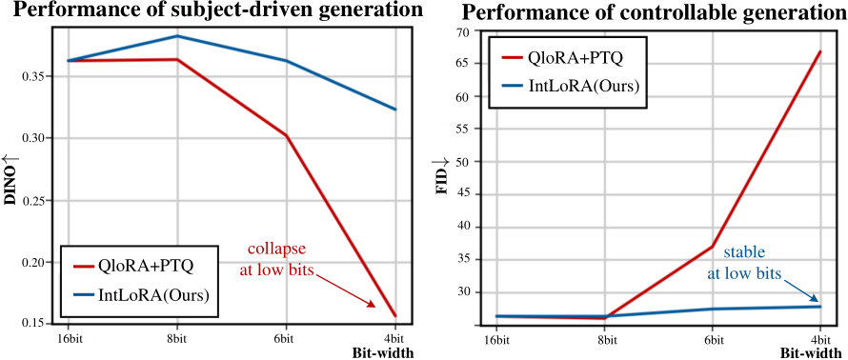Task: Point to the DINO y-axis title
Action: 12,185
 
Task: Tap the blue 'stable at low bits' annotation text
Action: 744,263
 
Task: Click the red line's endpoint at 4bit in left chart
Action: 394,315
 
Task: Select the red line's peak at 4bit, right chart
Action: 818,51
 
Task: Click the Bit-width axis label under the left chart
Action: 376,352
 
